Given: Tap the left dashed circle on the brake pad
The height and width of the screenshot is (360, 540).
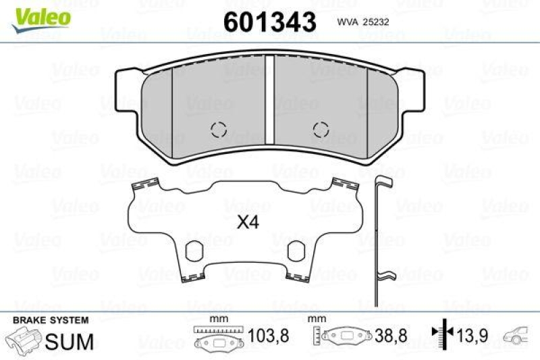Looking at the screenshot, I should click(219, 128).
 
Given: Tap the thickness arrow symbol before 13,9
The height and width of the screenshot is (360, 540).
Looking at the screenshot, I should click(439, 333).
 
